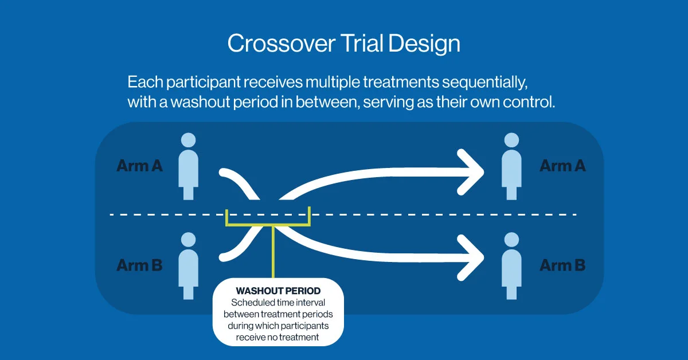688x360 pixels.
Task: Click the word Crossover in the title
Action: tap(282, 44)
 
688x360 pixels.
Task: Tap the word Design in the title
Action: tap(424, 44)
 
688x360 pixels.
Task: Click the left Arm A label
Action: tap(139, 166)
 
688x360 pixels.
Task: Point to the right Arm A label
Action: tap(562, 166)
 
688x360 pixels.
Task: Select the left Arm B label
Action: tap(139, 265)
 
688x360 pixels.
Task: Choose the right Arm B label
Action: tap(562, 265)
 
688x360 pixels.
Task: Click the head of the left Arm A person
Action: tap(188, 140)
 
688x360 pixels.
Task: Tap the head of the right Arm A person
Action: tap(511, 140)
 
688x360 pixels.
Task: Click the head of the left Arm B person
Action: tap(188, 240)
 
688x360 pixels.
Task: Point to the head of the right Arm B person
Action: tap(511, 240)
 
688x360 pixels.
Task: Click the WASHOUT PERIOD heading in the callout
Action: tap(278, 291)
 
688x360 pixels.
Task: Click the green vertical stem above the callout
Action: tap(273, 252)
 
